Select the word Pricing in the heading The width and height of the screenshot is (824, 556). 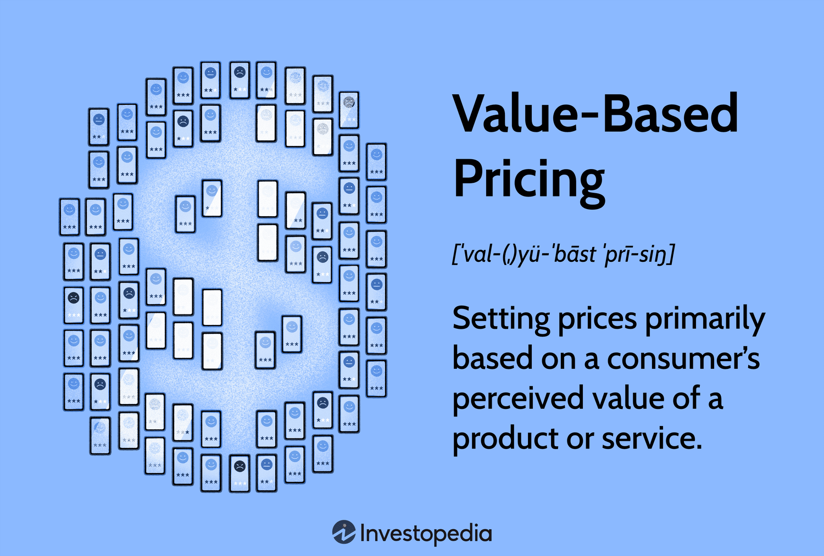tap(528, 180)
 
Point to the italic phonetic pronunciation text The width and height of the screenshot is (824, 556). tap(563, 254)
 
